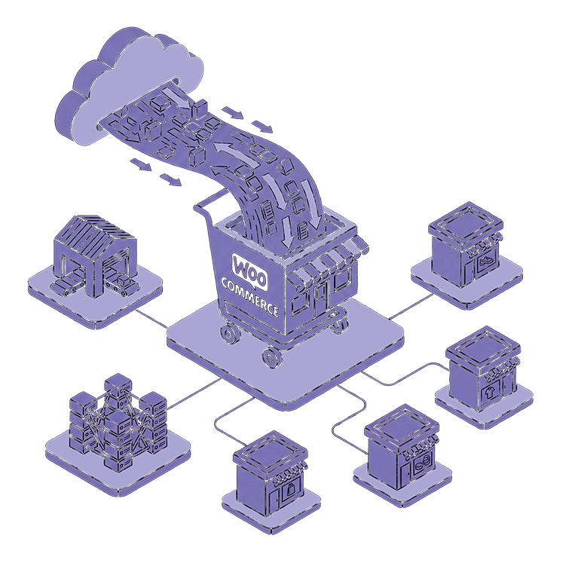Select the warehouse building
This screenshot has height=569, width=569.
click(94, 256)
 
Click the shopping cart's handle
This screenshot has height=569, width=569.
click(211, 200)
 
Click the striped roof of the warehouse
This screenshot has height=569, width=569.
click(102, 230)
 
